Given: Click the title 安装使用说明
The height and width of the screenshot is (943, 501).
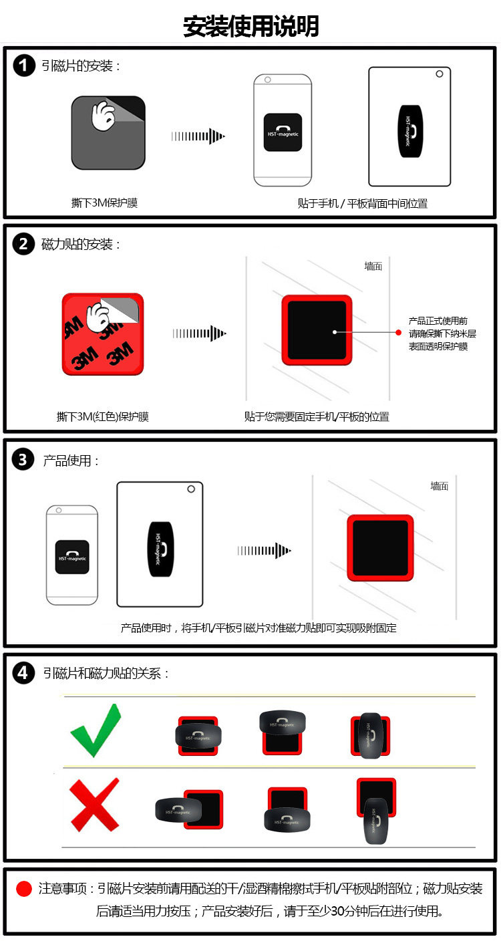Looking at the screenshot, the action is (x=251, y=26).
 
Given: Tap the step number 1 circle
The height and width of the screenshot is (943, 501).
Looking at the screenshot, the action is (x=24, y=65).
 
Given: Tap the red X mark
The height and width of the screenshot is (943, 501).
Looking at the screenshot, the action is (x=94, y=805).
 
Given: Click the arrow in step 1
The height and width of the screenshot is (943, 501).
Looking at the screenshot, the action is (x=198, y=136).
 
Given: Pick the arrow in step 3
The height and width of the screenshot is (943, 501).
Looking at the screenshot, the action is (x=264, y=551).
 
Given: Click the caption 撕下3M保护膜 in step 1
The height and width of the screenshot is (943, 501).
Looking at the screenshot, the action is (x=104, y=203).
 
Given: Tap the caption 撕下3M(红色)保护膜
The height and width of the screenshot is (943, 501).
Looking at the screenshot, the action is (x=103, y=417).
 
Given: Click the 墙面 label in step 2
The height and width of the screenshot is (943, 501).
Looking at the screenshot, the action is (x=373, y=266).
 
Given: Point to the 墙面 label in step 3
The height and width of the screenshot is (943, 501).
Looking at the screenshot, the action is (x=439, y=486).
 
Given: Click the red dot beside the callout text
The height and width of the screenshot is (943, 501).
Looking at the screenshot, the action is (x=399, y=332).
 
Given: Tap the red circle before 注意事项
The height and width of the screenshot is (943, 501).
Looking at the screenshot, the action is (x=24, y=888).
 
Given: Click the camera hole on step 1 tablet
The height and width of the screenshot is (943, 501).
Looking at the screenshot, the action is (x=440, y=74).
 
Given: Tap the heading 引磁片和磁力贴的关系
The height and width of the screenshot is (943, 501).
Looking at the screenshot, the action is (x=106, y=673).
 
